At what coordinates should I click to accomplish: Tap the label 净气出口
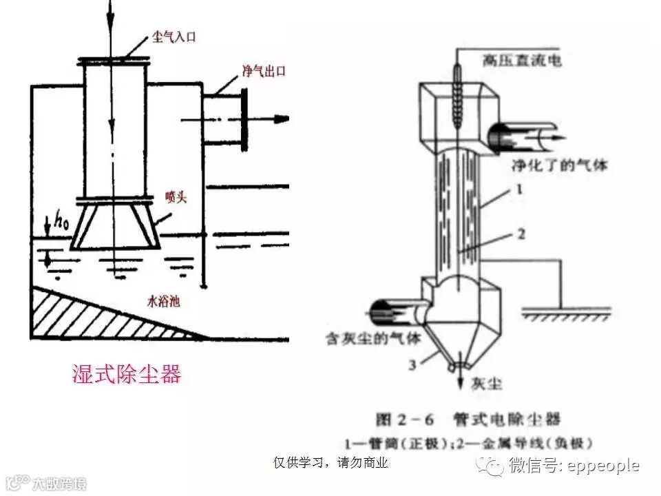click(263, 71)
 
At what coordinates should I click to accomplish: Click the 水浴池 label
click(164, 300)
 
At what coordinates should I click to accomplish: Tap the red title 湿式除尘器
click(127, 374)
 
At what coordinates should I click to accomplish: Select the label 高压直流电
click(522, 61)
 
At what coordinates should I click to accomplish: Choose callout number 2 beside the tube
click(521, 234)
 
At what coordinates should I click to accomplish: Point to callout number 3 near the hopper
click(412, 364)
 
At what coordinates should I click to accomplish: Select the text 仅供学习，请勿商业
click(331, 462)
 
